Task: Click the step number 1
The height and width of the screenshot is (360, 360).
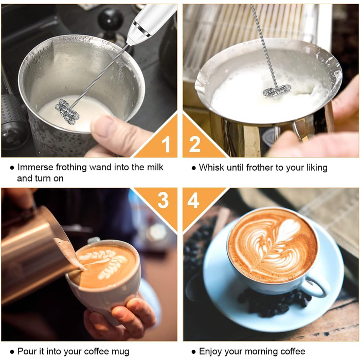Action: pos(166,145)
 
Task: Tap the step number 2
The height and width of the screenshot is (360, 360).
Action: pos(195,144)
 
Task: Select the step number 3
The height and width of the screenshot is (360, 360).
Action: pos(163,200)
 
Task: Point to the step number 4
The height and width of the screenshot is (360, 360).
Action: pos(193,200)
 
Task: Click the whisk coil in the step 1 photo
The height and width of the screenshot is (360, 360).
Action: pos(67,112)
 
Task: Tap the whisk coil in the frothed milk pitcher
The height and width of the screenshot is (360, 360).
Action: pos(277,90)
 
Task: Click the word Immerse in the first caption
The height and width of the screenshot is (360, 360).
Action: pos(35,167)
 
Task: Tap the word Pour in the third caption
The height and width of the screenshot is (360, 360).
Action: pos(26,351)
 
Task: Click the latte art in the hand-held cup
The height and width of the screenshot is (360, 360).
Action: pos(106,263)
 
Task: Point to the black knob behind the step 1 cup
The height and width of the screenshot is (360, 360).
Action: pos(110,19)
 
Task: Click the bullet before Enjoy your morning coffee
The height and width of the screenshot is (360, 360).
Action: pos(193,352)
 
